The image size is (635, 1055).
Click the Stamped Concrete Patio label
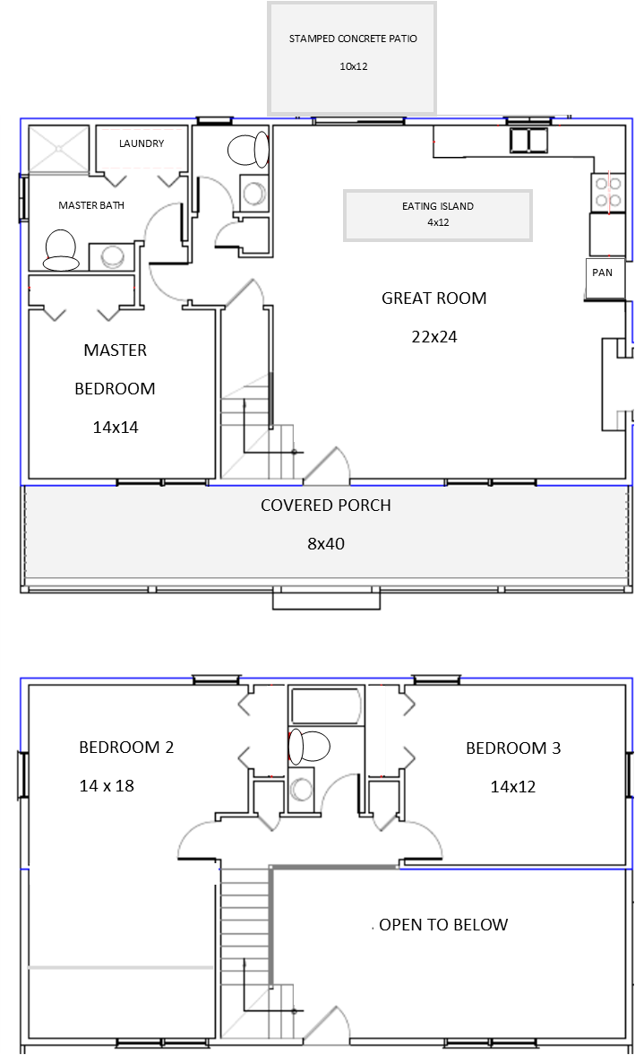(353, 39)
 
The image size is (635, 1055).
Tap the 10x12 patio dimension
(354, 66)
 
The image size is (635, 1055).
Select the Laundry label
(142, 143)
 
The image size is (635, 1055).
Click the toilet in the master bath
(60, 249)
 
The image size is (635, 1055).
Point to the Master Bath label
(91, 205)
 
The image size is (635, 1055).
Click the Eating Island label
(438, 206)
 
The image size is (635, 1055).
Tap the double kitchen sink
(528, 141)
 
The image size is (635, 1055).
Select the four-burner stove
(608, 192)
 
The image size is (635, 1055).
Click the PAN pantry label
(602, 272)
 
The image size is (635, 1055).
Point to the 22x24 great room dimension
(434, 337)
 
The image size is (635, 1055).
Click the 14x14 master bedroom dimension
(116, 428)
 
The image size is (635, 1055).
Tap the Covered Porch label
(326, 506)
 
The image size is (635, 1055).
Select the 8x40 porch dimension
(326, 544)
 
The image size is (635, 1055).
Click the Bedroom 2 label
(126, 747)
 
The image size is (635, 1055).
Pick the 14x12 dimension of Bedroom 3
(512, 786)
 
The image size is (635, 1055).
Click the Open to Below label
(443, 924)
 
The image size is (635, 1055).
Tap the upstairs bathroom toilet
(309, 747)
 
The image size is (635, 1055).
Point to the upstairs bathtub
(327, 706)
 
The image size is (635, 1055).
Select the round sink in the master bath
(112, 255)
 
